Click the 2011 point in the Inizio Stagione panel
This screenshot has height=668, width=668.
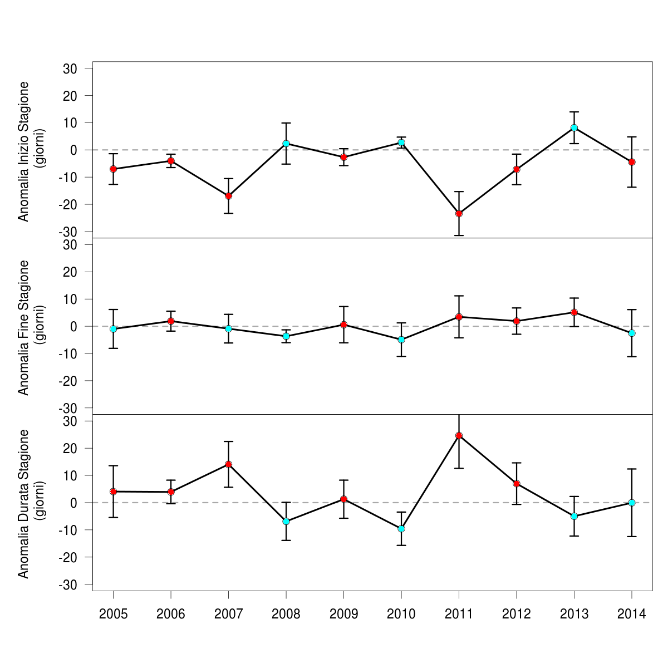(459, 214)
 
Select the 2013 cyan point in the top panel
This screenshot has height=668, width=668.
(574, 127)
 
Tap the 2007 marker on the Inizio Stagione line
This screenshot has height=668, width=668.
(228, 196)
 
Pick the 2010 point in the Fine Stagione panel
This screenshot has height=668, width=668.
(401, 340)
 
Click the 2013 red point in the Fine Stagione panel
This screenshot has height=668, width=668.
(574, 312)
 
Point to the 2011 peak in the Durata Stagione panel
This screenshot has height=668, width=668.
(459, 435)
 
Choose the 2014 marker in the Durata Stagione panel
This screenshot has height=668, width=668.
(632, 503)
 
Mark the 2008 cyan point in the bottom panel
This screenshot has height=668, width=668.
(286, 522)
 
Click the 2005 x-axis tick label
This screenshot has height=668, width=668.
(113, 614)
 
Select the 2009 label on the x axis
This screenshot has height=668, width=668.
(343, 614)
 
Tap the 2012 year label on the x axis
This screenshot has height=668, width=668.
(517, 614)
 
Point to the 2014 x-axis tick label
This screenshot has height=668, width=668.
(632, 614)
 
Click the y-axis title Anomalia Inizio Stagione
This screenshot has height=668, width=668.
(23, 151)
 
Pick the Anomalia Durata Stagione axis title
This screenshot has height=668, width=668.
(23, 503)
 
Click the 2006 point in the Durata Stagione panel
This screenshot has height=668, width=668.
(171, 492)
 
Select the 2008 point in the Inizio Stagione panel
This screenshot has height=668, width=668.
(286, 144)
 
